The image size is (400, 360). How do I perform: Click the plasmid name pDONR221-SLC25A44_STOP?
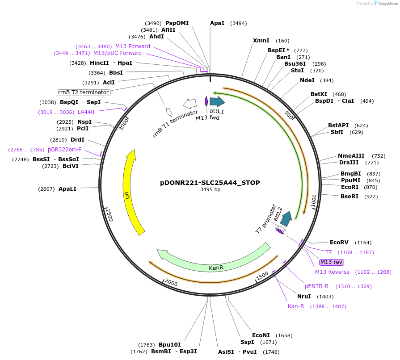pos(210,183)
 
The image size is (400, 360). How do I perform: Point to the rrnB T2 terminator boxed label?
pos(84,92)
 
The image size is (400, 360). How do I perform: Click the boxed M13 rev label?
pos(331,262)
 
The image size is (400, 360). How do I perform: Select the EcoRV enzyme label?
pos(339,243)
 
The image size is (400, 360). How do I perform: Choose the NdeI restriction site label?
pos(307,80)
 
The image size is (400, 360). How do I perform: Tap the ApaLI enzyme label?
pos(67,189)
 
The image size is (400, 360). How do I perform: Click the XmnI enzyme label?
pos(261,41)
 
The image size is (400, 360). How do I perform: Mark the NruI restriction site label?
pos(304,297)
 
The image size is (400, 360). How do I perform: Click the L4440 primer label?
pos(86,112)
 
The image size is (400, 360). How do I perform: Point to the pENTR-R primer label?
pos(316,286)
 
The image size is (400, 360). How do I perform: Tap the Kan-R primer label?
pos(296,306)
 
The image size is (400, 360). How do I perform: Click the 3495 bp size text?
pos(210,190)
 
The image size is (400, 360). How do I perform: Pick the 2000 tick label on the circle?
pos(171,283)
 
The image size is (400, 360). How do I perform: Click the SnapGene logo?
pos(385,4)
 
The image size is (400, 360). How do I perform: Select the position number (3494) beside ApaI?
pos(238,23)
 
